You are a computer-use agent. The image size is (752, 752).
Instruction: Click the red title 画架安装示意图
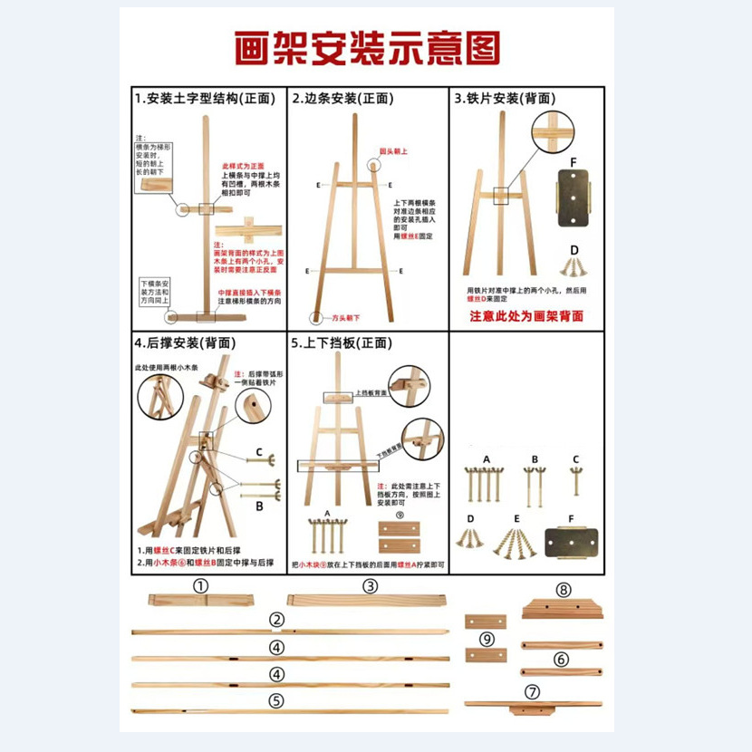coord(367,48)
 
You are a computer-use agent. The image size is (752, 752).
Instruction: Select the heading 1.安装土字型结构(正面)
coord(205,99)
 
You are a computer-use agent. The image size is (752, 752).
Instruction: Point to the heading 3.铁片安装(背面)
coord(505,99)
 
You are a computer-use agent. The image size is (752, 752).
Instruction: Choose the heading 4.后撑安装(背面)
coord(186,343)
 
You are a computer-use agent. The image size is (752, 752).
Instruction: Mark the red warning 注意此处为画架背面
coord(525,316)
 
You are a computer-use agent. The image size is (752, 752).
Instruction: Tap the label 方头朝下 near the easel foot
coord(345,318)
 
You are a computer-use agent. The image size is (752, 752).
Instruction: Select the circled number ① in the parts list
coord(201,586)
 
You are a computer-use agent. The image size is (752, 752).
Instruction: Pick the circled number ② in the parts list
coord(276,621)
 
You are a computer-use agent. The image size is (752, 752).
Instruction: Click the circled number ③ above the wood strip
coord(370,586)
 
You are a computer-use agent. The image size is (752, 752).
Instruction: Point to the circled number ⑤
coord(276,700)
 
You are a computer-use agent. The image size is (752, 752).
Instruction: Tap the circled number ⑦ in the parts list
coord(533,691)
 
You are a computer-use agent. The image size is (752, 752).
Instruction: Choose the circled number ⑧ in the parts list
coord(564,590)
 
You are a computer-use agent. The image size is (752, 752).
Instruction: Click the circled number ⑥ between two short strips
coord(562,659)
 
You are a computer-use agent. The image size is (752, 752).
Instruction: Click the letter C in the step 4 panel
coord(258,452)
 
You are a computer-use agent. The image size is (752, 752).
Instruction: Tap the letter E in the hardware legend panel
coord(516,519)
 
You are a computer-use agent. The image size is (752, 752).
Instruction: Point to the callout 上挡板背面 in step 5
coord(371,394)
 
